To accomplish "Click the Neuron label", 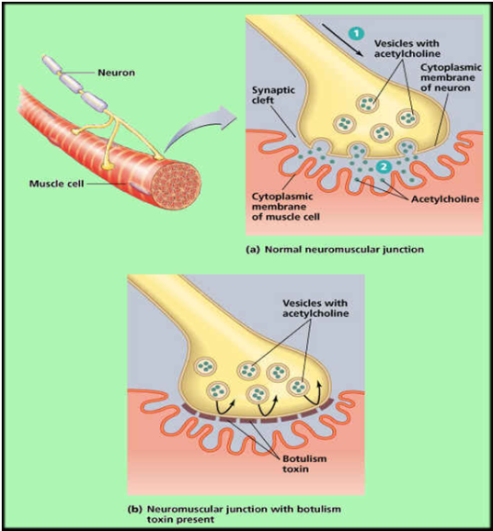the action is pos(116,73).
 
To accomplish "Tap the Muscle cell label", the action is pos(56,184).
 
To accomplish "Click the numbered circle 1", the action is pos(356,33).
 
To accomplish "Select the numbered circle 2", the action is pos(384,166).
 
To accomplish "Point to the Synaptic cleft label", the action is pos(273,96).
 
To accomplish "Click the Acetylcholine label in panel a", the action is pos(445,199).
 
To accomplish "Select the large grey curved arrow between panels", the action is pos(200,126).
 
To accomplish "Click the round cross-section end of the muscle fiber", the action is pos(176,186).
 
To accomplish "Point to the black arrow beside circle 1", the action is pos(342,40).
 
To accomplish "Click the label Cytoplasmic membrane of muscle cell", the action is pos(286,207).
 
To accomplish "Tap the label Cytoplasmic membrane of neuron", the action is pos(451,77).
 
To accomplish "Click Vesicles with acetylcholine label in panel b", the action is pos(315,308).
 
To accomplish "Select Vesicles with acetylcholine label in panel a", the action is pos(407,49).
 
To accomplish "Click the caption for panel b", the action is pos(234,514).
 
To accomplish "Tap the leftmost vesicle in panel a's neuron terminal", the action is pos(345,124).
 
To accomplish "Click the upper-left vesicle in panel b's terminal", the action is pos(205,367).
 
